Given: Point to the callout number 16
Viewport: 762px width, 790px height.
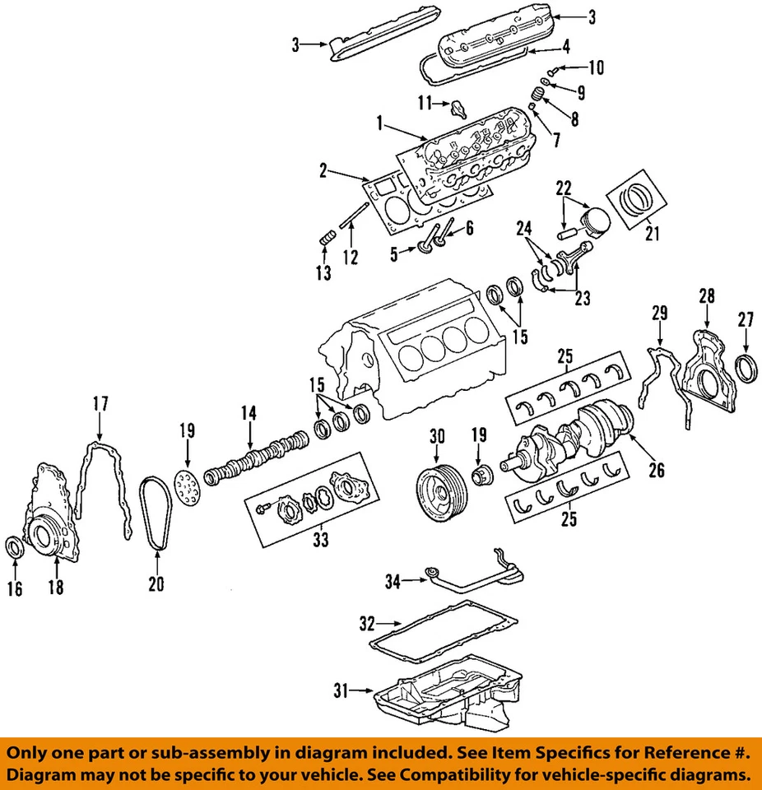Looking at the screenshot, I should [x=15, y=588].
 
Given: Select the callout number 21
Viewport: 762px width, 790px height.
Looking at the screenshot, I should [x=653, y=235].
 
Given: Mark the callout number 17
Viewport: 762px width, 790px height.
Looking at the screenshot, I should [x=100, y=404].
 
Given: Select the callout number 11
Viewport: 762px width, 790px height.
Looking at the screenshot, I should [x=423, y=103].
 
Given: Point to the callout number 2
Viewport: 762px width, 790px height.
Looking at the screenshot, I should [x=323, y=171].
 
